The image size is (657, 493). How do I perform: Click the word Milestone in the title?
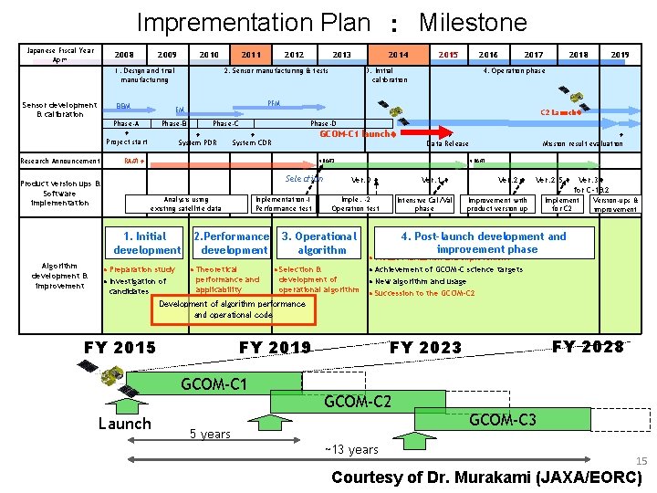(472, 22)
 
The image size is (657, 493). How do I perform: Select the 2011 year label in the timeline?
(251, 55)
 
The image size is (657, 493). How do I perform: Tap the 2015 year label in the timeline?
(448, 55)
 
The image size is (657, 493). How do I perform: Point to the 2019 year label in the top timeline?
(620, 55)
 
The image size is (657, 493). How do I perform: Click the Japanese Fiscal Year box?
(60, 55)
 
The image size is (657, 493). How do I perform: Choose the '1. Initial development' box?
(147, 243)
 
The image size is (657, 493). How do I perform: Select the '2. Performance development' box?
(234, 243)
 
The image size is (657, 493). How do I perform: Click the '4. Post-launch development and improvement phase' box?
(484, 242)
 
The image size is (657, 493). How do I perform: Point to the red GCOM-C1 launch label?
(357, 133)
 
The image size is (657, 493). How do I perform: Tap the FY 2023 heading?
(425, 347)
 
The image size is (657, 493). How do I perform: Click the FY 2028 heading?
(589, 346)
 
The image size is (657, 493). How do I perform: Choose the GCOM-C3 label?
(502, 419)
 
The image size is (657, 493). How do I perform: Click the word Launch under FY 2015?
(124, 423)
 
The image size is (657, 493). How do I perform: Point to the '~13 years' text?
(351, 449)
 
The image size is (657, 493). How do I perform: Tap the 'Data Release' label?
(448, 143)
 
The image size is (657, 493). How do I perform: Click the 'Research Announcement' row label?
(60, 161)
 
